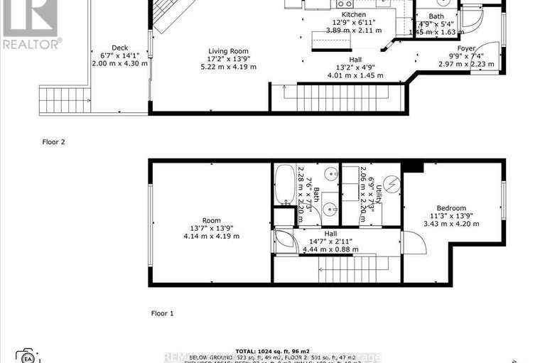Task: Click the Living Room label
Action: pos(227,50)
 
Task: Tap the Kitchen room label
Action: pos(353,15)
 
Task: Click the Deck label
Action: pos(119,48)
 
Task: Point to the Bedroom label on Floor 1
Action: pos(457,207)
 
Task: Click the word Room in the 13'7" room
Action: pos(211,220)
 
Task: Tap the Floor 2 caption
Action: pos(53,142)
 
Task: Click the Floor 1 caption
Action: pos(162,313)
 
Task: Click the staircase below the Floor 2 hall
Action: pos(341,97)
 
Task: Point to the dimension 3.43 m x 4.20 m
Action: pos(457,224)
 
